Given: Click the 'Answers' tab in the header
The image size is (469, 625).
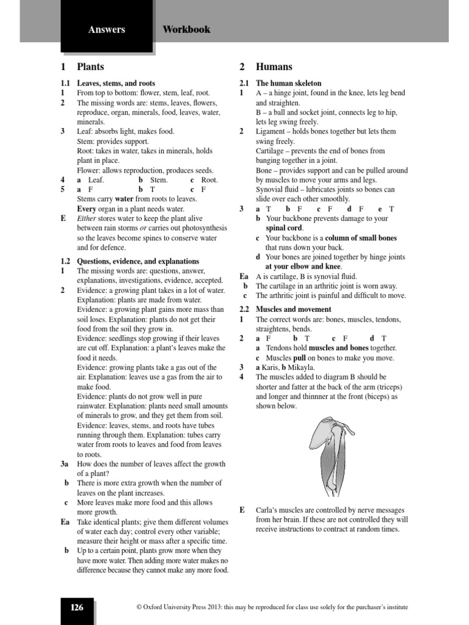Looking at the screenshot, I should [x=106, y=29].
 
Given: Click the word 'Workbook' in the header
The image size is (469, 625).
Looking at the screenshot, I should [x=186, y=29].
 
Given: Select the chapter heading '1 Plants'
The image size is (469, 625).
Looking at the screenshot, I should [x=82, y=67].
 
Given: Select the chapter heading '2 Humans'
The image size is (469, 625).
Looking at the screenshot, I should [x=266, y=67].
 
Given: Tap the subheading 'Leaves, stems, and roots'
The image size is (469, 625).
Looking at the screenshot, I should [x=116, y=83].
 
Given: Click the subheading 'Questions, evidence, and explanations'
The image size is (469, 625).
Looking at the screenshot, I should [x=138, y=261].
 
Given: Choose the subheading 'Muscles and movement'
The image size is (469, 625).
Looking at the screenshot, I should [x=294, y=309].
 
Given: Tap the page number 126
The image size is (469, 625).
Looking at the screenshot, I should [x=77, y=607].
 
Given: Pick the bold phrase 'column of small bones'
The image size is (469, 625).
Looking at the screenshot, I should [x=361, y=238].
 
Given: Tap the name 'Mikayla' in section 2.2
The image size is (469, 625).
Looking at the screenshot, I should [x=300, y=367].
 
